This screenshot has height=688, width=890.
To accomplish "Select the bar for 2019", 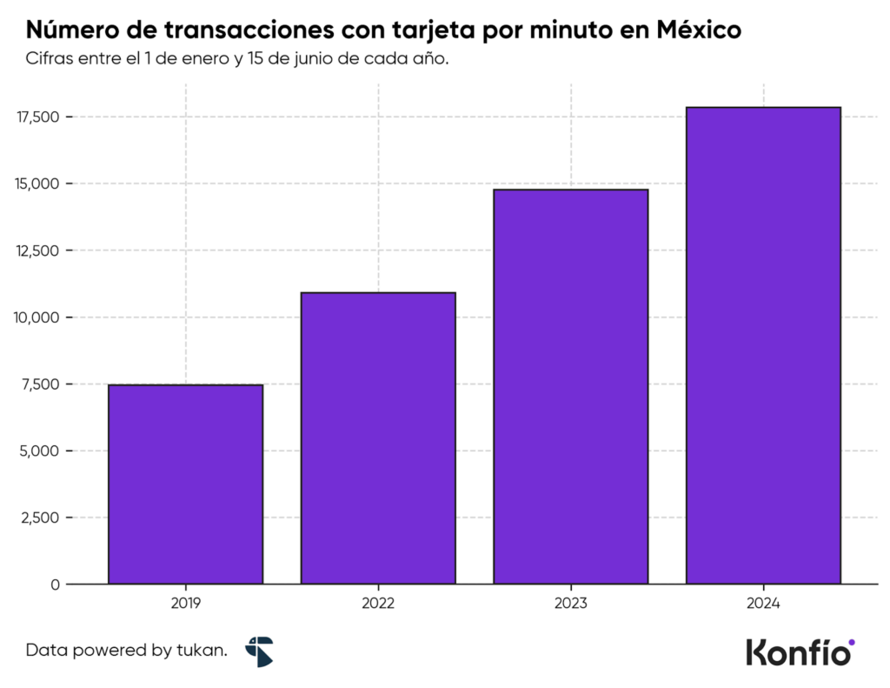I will (185, 484).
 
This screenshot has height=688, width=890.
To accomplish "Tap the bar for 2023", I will (571, 386).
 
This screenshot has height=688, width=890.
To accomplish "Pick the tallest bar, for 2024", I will (763, 345).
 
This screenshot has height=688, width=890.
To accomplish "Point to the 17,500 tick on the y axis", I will (37, 117).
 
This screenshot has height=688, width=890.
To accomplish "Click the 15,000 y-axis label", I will (37, 184).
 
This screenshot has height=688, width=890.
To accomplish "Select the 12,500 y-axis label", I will (37, 251).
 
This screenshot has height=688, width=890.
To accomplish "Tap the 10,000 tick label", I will (37, 317).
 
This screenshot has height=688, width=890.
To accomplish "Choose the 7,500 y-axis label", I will (40, 384).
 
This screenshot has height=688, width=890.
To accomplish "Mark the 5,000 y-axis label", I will (40, 451).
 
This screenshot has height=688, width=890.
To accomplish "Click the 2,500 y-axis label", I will (40, 518).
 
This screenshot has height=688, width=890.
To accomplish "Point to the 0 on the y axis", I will (55, 584).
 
